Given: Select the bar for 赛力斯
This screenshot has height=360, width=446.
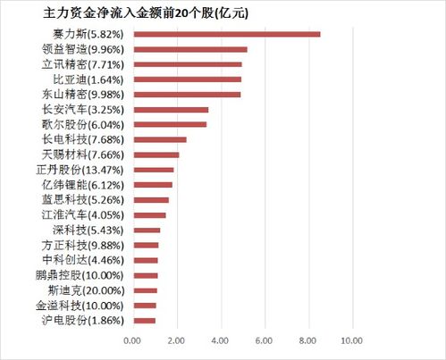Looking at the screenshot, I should (x=226, y=34).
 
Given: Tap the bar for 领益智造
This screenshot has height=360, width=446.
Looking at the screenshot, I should (x=189, y=49).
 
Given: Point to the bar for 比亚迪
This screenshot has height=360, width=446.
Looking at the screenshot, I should (x=187, y=79).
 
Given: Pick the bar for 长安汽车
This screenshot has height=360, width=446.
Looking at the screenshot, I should (x=170, y=109).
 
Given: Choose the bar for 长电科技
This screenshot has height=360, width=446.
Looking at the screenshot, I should (x=159, y=139).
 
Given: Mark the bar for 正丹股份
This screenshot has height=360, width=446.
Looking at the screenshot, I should (x=153, y=169).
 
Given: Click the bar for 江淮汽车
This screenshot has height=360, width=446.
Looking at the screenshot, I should (x=148, y=214).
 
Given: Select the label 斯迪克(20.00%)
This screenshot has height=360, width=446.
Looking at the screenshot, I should (x=88, y=289).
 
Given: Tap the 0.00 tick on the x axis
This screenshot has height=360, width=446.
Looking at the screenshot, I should (x=132, y=340).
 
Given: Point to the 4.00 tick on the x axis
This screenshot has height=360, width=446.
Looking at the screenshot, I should (x=220, y=340).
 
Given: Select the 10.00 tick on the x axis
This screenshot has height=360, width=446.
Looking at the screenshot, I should (x=351, y=340).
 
